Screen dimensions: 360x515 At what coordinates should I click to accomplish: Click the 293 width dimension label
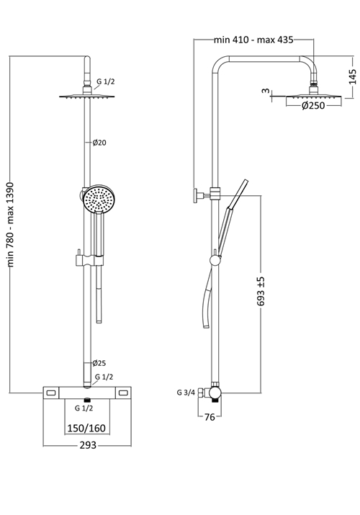coord(88,444)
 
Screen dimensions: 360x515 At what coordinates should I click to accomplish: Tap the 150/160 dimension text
coord(86,428)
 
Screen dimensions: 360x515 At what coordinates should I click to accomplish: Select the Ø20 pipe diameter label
coord(99,143)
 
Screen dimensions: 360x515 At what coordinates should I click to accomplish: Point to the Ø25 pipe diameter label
coord(99,363)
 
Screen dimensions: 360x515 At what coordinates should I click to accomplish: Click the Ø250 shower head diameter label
coord(313,105)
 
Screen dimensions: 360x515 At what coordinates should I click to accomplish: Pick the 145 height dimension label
coord(353,77)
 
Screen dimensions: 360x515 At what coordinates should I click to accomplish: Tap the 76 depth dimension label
coord(210,417)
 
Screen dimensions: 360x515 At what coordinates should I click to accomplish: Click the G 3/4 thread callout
coord(186,392)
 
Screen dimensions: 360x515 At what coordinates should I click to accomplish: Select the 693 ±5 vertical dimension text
coord(261,291)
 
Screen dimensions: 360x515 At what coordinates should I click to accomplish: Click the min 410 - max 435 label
coord(253,40)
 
